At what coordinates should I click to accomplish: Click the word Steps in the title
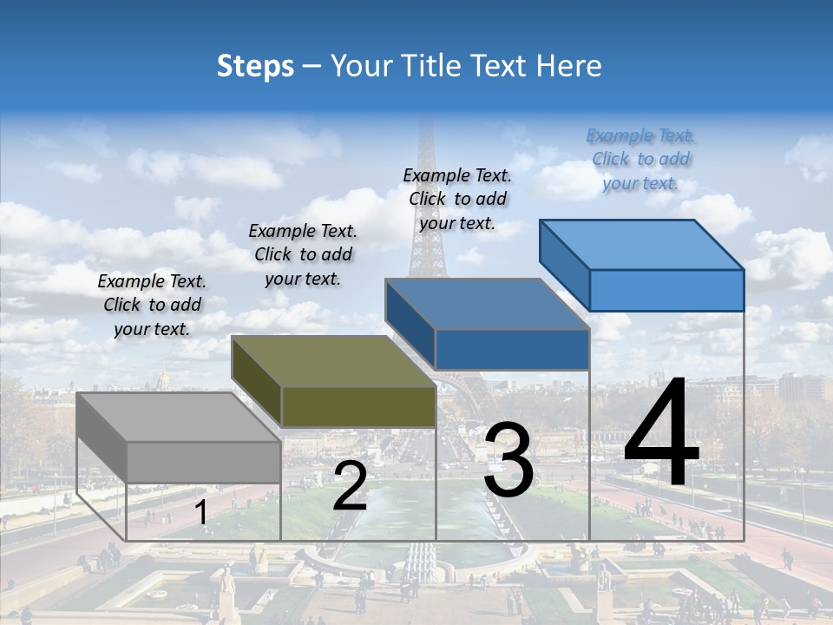(255, 66)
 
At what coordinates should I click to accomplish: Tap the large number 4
(661, 434)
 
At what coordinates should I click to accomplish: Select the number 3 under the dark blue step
(508, 459)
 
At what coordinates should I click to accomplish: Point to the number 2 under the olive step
(350, 486)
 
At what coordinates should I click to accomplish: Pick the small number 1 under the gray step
(200, 513)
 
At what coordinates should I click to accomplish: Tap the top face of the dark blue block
(487, 305)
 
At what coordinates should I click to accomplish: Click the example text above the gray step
(152, 305)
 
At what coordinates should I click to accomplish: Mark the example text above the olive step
(303, 254)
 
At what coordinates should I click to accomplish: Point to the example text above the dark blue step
(457, 199)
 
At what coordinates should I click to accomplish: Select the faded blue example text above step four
(640, 159)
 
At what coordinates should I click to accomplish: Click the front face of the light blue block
(666, 290)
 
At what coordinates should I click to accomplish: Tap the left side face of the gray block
(102, 437)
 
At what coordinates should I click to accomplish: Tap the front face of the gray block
(203, 462)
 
